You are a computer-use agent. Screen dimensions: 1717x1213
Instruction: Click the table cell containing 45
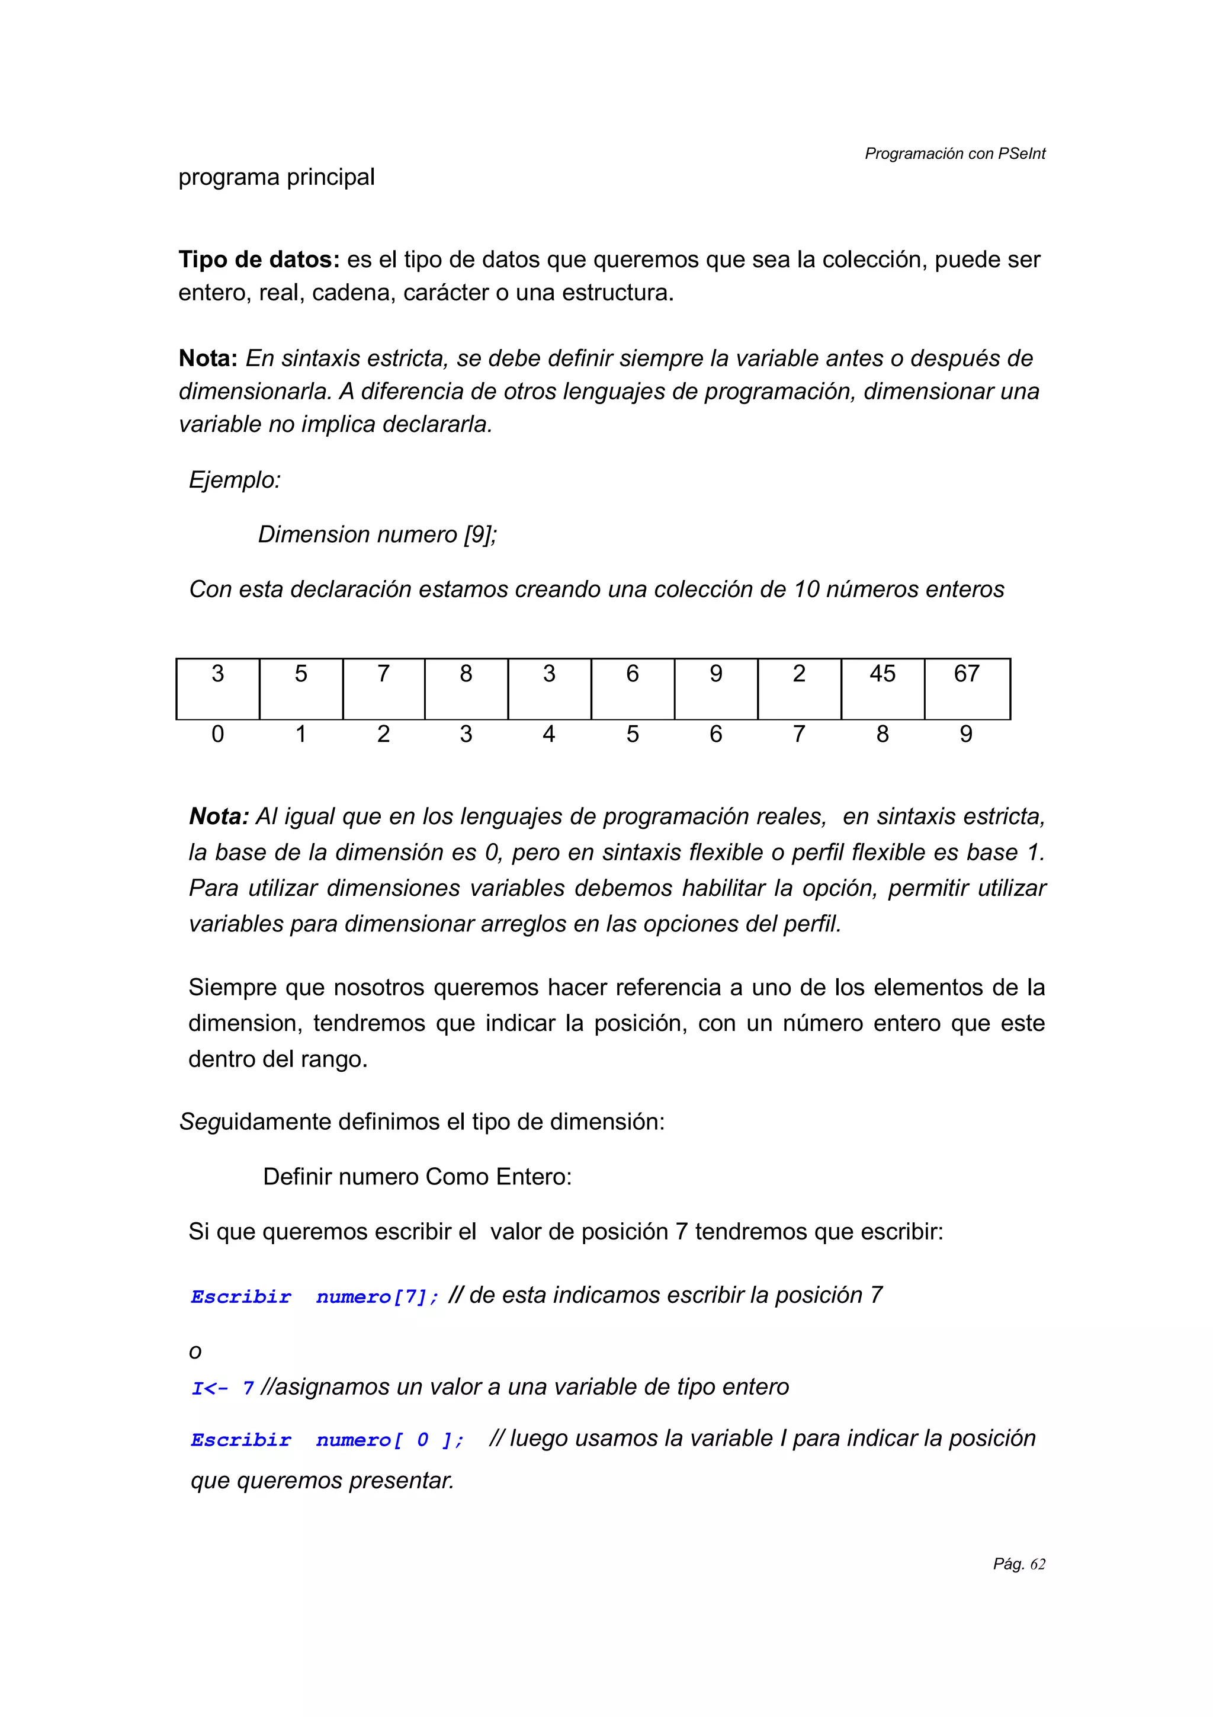coord(882,688)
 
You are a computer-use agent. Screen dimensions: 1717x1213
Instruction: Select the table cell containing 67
coord(967,688)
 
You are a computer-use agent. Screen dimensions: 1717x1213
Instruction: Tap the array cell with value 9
coord(715,688)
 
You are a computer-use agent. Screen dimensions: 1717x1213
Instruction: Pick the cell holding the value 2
coord(799,688)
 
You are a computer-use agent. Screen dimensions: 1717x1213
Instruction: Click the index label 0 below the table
coord(217,734)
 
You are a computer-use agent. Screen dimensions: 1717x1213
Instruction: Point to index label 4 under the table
coord(548,734)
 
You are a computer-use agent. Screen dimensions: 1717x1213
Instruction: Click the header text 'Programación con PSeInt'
coord(954,153)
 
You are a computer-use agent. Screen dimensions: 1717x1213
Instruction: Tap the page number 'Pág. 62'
coord(1019,1564)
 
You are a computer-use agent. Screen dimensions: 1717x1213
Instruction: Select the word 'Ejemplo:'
coord(235,479)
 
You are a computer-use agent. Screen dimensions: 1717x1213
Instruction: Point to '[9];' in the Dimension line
coord(480,534)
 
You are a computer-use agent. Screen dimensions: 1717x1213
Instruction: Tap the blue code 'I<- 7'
coord(222,1388)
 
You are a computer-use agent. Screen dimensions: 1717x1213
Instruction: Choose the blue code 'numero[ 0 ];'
coord(389,1440)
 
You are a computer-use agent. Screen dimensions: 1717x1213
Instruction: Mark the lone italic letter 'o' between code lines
coord(195,1352)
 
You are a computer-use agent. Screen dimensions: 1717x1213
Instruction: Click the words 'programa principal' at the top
coord(276,177)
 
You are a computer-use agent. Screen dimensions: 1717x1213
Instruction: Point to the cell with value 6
coord(633,688)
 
